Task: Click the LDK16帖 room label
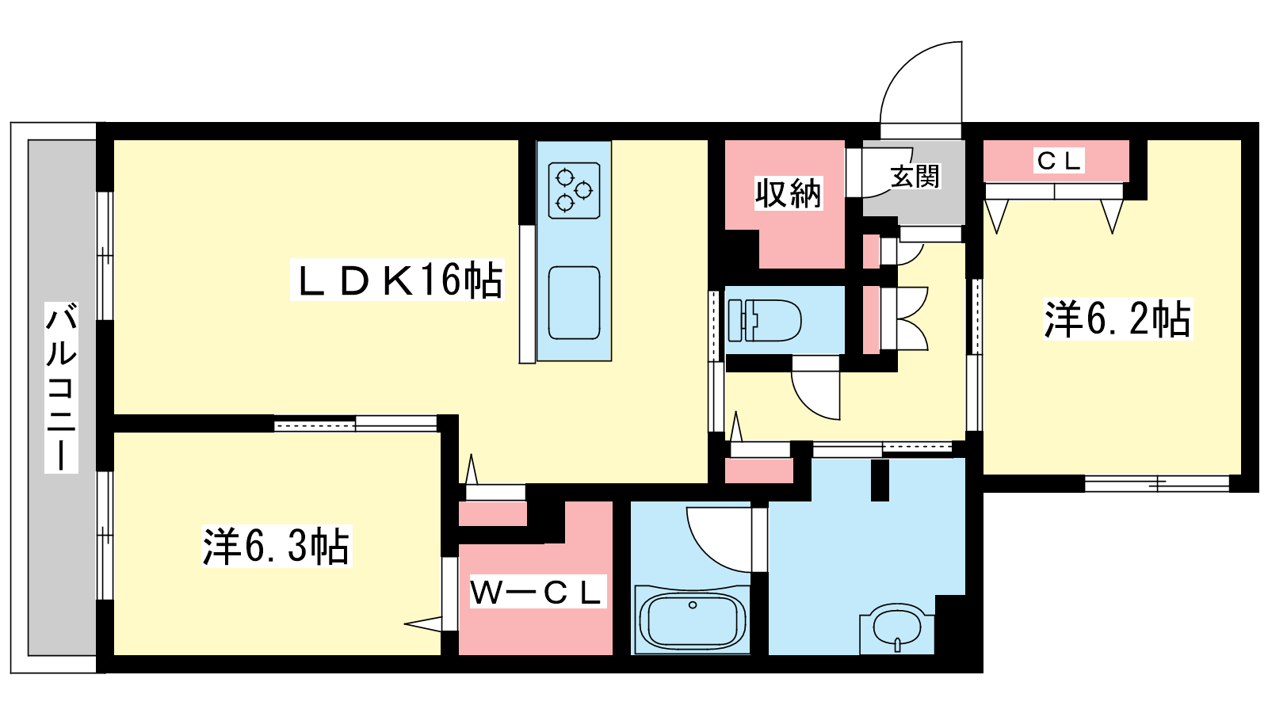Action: pyautogui.click(x=397, y=280)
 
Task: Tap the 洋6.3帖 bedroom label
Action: pyautogui.click(x=277, y=546)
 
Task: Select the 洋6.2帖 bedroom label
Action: pyautogui.click(x=1117, y=318)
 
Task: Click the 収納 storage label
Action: pyautogui.click(x=788, y=193)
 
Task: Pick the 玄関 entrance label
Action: pyautogui.click(x=915, y=176)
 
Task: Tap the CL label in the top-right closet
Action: pyautogui.click(x=1059, y=161)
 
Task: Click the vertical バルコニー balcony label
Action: pyautogui.click(x=61, y=387)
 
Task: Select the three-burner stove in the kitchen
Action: pyautogui.click(x=574, y=190)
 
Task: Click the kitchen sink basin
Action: pyautogui.click(x=574, y=303)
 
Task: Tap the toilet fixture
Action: pyautogui.click(x=764, y=320)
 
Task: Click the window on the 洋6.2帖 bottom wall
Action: pyautogui.click(x=1157, y=484)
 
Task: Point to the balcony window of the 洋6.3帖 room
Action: pyautogui.click(x=105, y=536)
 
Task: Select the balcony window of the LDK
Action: pyautogui.click(x=105, y=257)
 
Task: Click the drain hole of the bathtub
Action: pyautogui.click(x=693, y=605)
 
